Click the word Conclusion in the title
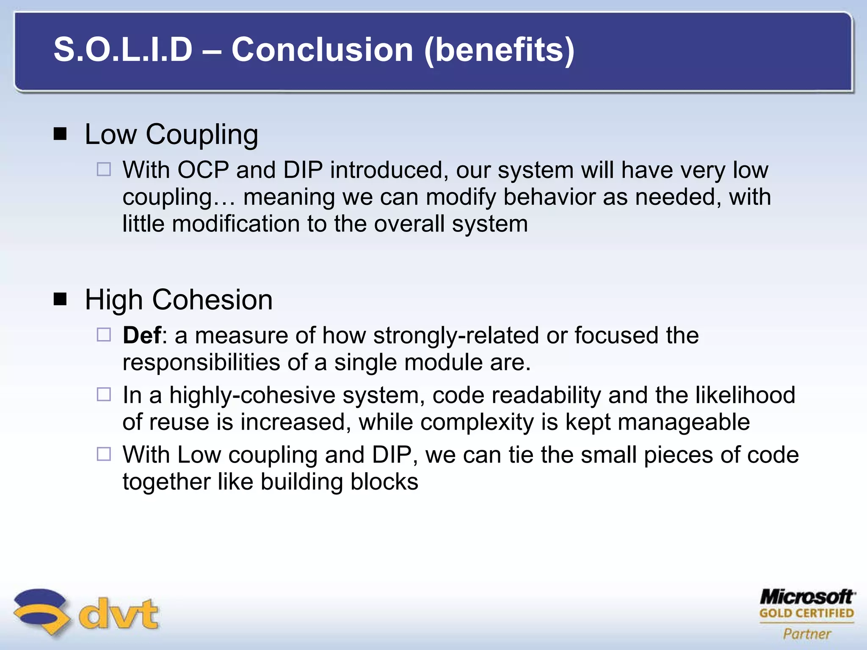click(322, 50)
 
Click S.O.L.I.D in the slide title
click(123, 50)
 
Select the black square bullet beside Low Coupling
click(61, 135)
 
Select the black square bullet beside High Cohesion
click(61, 300)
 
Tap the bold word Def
click(141, 336)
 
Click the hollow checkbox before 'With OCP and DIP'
click(104, 170)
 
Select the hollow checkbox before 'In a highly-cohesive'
click(104, 395)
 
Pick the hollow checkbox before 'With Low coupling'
click(104, 454)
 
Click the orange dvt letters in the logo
click(119, 614)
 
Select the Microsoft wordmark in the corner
click(806, 597)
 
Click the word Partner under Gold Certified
click(806, 633)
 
